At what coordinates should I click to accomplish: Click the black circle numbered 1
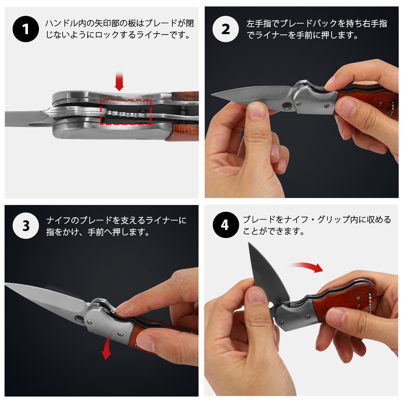point(26,29)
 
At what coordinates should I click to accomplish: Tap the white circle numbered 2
point(226,29)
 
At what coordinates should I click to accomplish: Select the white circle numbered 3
point(26,226)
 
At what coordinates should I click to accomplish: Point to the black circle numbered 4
point(226,225)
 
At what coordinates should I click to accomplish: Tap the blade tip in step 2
point(211,95)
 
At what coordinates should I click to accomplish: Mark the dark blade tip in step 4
point(249,243)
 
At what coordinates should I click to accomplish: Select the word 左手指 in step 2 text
point(259,24)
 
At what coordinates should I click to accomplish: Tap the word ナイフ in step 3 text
point(59,221)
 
